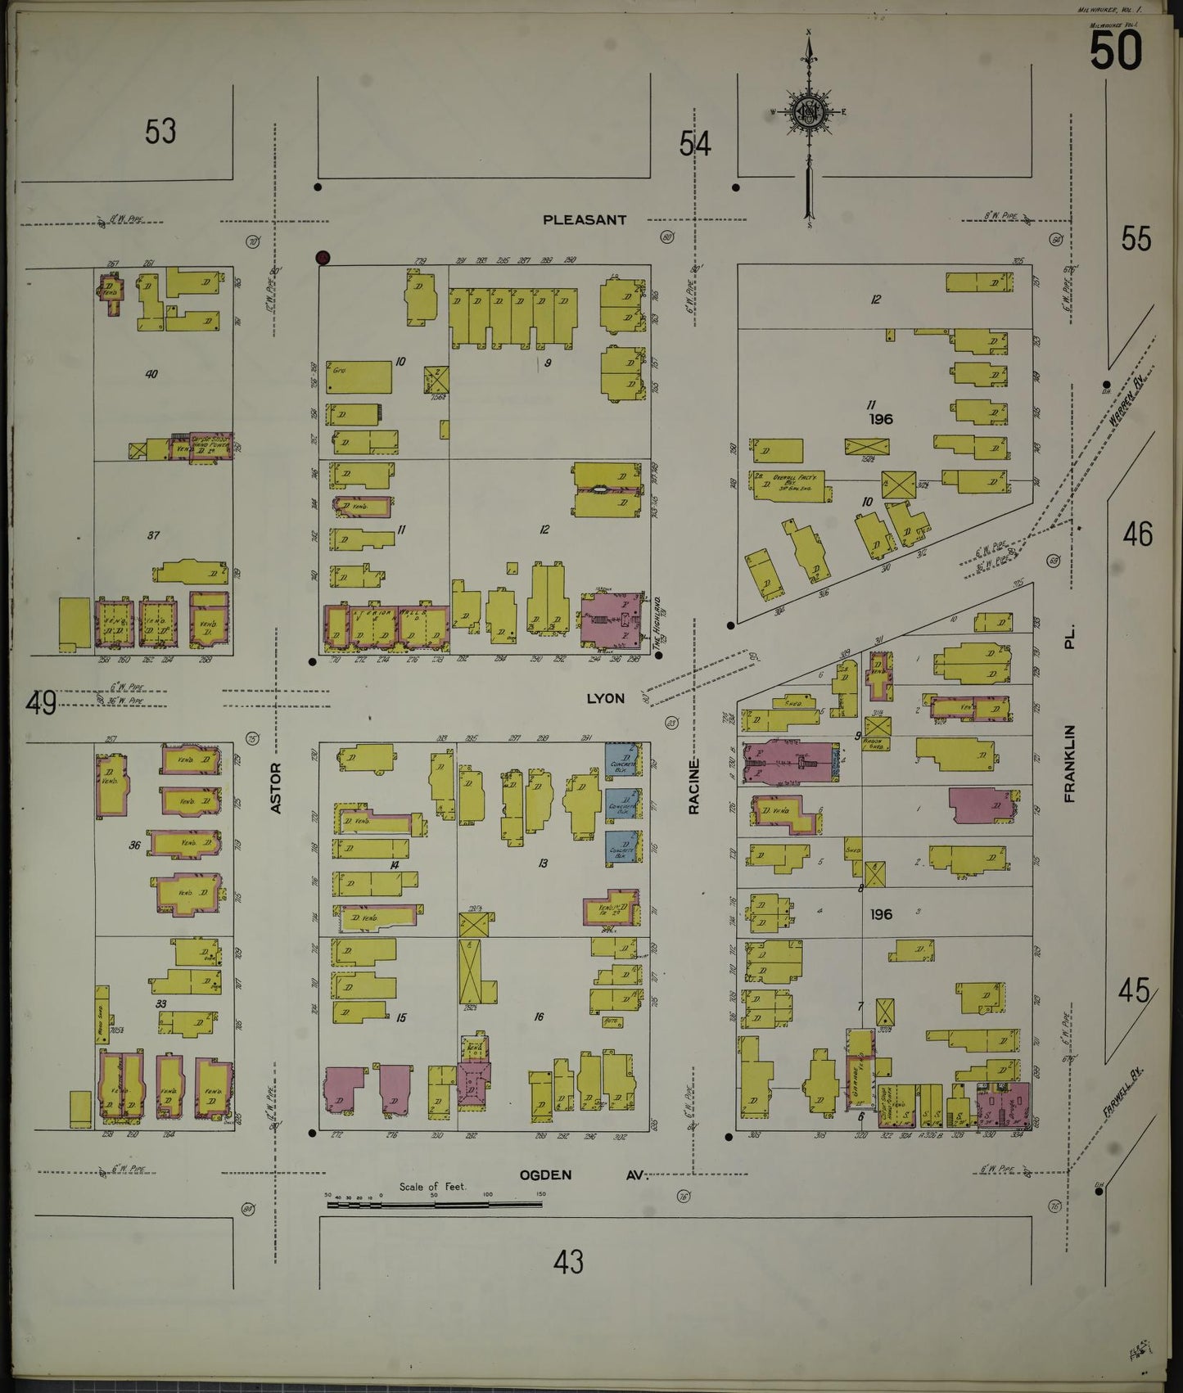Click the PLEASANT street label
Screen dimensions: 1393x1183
coord(585,220)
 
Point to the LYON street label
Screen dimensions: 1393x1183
coord(605,698)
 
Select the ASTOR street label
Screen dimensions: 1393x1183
coord(275,787)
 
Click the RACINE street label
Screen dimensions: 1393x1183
coord(693,787)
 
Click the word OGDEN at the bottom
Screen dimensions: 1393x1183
coord(544,1175)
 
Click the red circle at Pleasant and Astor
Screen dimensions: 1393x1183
coord(323,258)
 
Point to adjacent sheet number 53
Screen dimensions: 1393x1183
coord(160,131)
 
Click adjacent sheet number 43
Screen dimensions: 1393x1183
coord(568,1261)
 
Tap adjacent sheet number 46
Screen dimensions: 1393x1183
coord(1137,534)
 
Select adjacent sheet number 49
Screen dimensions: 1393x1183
coord(40,702)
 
